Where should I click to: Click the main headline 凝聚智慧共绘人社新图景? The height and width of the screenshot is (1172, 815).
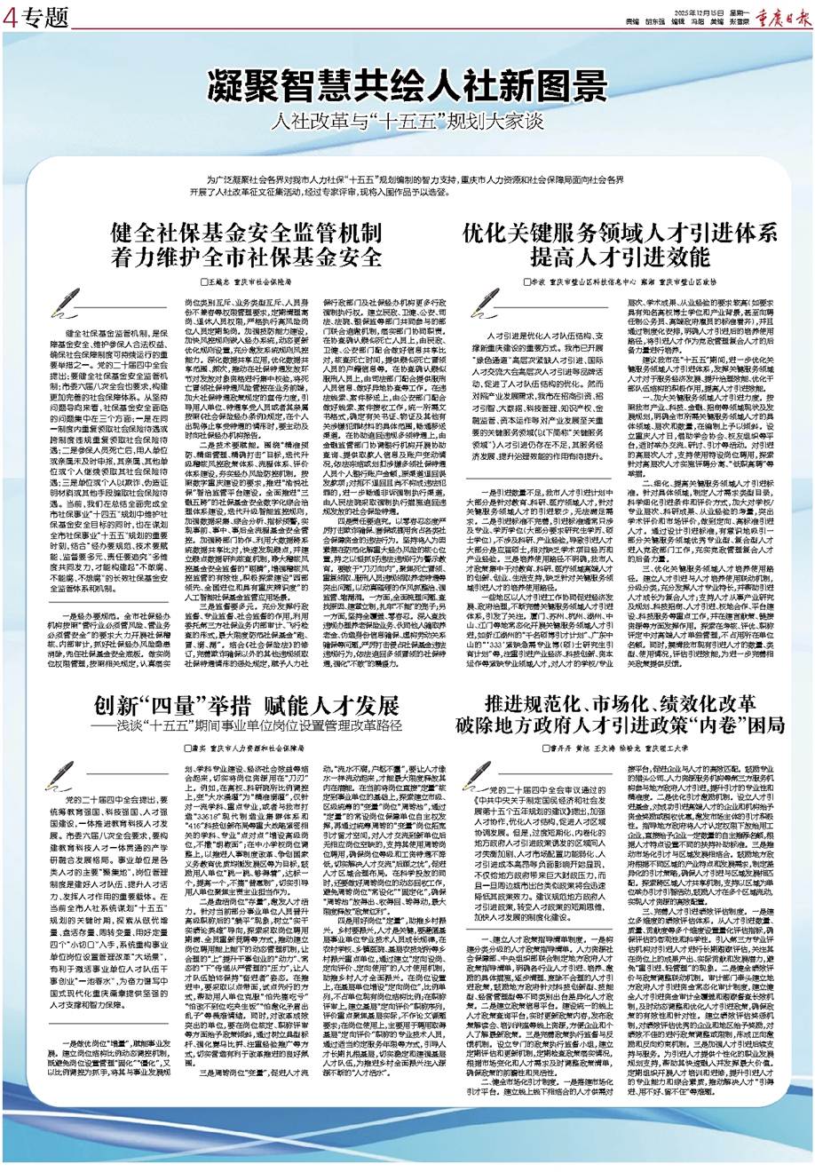[407, 87]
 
